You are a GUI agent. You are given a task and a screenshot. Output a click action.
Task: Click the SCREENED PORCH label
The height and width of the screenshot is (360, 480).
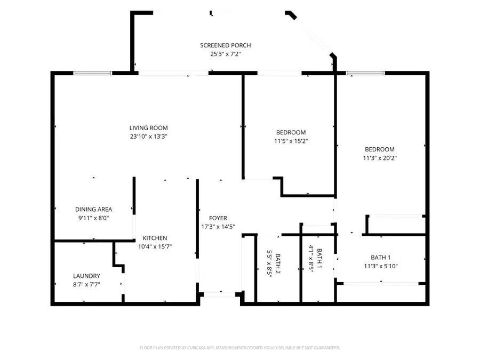(x=225, y=45)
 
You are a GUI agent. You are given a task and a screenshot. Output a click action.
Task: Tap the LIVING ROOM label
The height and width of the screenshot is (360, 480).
(x=148, y=128)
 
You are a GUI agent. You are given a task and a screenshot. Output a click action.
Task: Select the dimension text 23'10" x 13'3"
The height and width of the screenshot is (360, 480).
(x=148, y=137)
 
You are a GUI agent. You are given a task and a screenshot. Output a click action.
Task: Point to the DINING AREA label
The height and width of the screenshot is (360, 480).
(x=94, y=210)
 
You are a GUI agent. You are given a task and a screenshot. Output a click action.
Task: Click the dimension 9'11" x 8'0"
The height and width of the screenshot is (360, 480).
(x=94, y=218)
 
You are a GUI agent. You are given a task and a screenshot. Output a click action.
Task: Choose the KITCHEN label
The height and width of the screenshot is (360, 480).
(x=155, y=238)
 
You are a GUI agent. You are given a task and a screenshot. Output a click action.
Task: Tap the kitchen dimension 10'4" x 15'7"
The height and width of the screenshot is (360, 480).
(x=155, y=247)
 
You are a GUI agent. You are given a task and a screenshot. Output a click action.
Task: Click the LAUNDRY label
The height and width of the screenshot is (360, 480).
(x=86, y=276)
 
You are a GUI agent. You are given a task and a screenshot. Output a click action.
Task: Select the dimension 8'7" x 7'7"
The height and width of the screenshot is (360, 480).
(x=86, y=285)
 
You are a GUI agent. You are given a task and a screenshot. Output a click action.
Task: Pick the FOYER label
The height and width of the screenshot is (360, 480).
(x=218, y=218)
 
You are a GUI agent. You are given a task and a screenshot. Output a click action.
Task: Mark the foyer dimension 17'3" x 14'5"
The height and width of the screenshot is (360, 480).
(x=218, y=227)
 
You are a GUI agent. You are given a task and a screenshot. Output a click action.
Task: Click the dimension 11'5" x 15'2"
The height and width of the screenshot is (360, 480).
(x=291, y=141)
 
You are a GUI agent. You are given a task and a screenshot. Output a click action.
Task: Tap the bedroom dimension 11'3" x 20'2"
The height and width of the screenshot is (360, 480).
(x=380, y=158)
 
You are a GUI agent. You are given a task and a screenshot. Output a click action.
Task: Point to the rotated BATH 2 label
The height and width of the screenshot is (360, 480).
(x=278, y=263)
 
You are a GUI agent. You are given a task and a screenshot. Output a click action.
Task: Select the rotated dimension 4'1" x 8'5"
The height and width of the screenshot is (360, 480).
(x=311, y=259)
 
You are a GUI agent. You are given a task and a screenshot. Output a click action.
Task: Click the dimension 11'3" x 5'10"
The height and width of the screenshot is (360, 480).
(x=381, y=266)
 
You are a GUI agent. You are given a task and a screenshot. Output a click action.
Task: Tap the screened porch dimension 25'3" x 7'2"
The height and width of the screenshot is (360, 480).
(x=226, y=54)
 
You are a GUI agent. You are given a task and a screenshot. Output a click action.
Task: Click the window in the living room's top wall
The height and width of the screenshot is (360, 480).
(x=93, y=73)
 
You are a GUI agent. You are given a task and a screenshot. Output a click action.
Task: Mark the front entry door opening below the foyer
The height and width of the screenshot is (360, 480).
(x=220, y=295)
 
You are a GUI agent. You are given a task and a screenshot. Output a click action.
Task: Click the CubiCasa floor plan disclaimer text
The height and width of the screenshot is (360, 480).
(x=239, y=348)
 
